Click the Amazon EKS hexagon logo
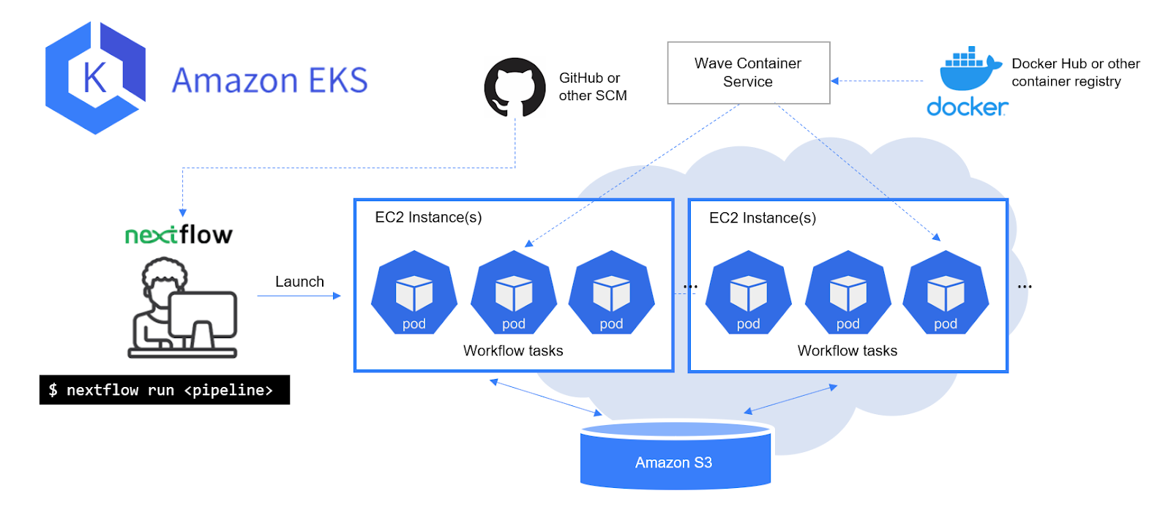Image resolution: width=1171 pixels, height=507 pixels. (96, 78)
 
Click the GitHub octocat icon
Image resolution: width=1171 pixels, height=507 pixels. (515, 87)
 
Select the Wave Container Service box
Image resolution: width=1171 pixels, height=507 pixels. (749, 72)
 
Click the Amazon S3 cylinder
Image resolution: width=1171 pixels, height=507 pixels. (676, 455)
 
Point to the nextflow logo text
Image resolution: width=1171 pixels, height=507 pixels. (179, 235)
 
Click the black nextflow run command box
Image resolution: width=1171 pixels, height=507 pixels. (165, 389)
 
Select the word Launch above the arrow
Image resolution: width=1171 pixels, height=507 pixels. (299, 282)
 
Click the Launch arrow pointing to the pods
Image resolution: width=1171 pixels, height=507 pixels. (299, 296)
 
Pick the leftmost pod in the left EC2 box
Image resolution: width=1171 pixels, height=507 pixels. (414, 292)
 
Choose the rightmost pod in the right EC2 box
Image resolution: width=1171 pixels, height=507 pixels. (946, 292)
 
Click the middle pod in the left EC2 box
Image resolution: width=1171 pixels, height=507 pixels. (514, 292)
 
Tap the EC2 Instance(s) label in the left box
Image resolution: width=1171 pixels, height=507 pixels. (428, 217)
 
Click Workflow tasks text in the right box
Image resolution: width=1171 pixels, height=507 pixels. (848, 350)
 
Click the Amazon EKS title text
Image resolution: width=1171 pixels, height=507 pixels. (270, 80)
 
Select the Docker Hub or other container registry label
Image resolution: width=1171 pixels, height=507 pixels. (1076, 72)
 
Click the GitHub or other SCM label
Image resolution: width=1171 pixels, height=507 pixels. (593, 87)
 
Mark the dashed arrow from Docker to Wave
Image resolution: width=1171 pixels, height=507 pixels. (878, 80)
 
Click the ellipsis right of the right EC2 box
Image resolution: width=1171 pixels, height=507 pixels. (1025, 287)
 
